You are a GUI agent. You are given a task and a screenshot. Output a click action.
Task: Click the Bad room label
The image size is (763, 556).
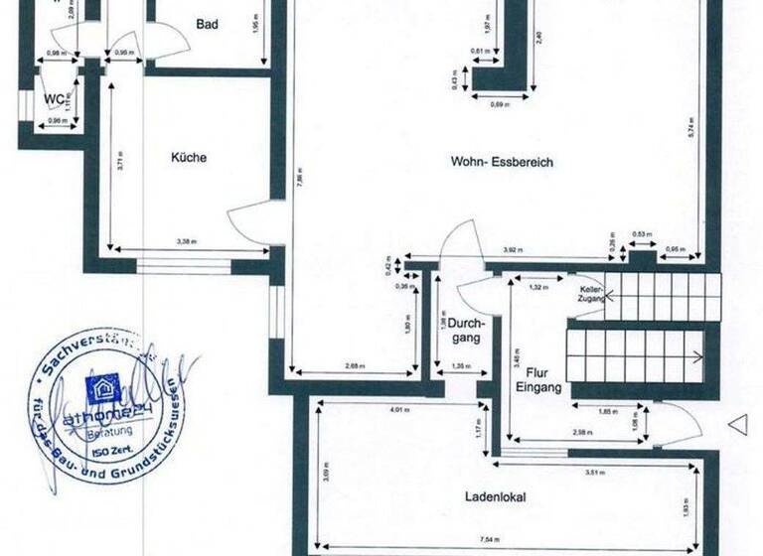207,24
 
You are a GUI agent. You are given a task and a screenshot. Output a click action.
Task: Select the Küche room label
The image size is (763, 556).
189,157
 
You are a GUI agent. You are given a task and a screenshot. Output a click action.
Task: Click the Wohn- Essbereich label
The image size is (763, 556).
502,162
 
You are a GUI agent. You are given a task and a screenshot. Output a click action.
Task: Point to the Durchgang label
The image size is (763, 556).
464,331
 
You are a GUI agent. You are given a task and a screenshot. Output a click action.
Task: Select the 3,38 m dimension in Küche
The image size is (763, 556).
186,241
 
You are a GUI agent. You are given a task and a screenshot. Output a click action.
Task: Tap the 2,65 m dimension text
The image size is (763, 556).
355,366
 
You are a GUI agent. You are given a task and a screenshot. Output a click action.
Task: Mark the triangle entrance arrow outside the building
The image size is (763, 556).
737,425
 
